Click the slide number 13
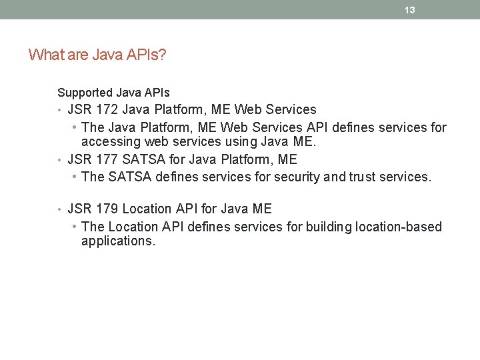(x=410, y=10)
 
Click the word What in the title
(x=45, y=55)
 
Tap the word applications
(x=118, y=241)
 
